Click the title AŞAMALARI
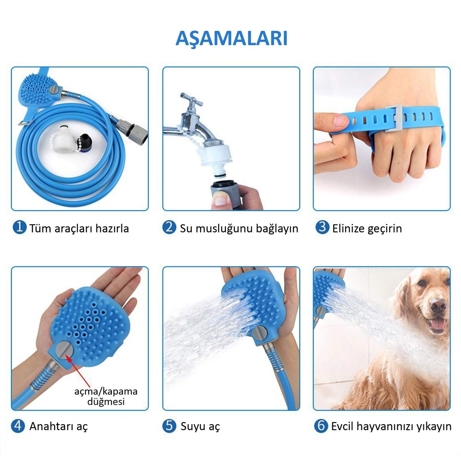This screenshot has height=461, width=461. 231,38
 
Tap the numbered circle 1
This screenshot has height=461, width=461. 20,227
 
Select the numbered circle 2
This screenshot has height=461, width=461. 169,227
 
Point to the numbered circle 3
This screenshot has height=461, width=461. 322,227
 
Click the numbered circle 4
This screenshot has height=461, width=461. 18,426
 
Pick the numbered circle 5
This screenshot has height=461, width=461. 169,426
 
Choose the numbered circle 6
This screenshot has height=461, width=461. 321,426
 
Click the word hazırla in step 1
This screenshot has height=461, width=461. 112,228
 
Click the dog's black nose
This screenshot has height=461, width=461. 438,306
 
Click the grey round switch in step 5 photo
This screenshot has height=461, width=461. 260,333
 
